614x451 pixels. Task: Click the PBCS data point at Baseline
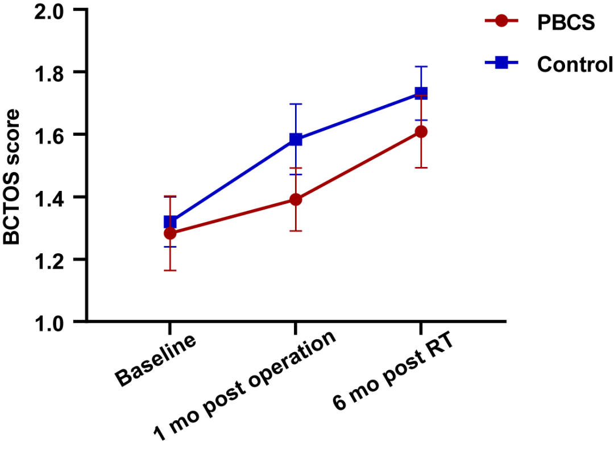click(170, 233)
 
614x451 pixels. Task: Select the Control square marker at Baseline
click(170, 222)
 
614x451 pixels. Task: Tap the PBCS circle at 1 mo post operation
click(295, 199)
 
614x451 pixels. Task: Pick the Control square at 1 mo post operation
click(295, 139)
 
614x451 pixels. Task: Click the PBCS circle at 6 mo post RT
click(421, 132)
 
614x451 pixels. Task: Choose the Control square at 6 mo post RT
click(421, 93)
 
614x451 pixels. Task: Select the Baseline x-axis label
click(156, 360)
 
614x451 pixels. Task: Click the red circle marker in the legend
click(501, 22)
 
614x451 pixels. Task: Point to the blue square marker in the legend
click(501, 63)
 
